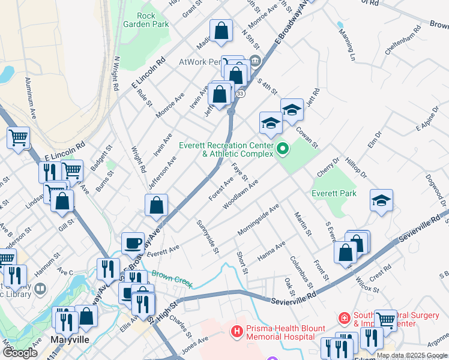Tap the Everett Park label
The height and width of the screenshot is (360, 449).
334,193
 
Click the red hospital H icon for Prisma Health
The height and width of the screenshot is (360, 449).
237,331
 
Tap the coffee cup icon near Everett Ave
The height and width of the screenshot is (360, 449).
133,243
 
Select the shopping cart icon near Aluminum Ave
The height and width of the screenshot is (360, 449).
19,137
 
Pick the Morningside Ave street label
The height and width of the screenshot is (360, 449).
259,218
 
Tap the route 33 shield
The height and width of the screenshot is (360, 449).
240,94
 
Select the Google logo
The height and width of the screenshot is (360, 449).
20,353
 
